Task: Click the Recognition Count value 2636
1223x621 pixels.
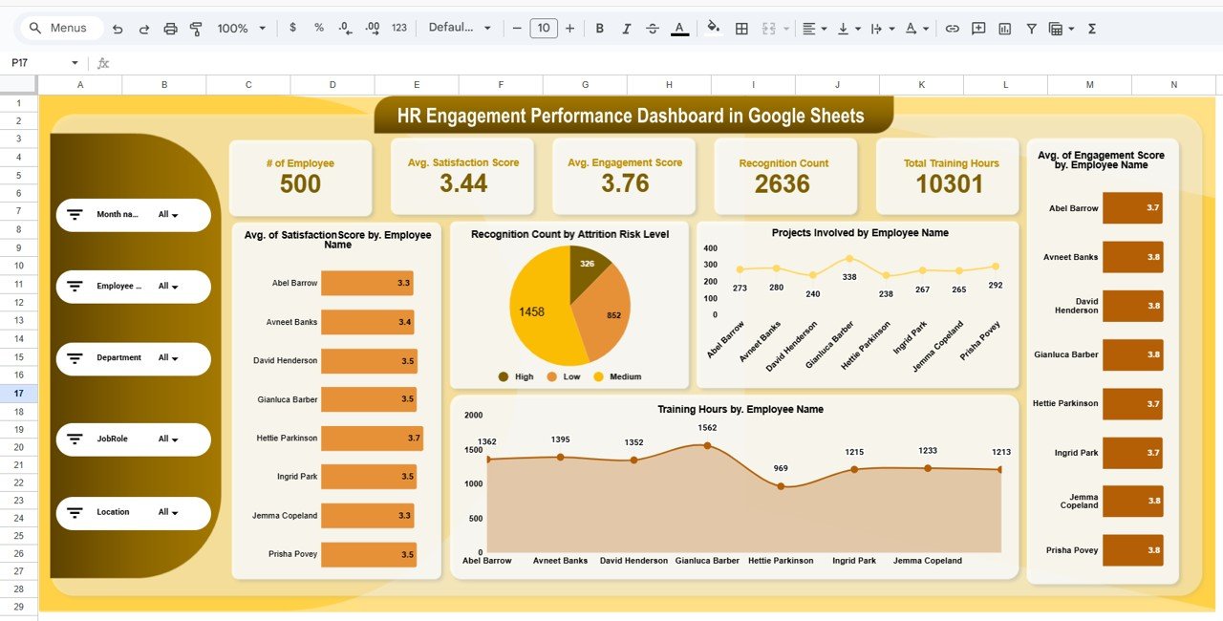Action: click(x=782, y=184)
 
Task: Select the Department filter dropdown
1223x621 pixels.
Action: click(x=169, y=358)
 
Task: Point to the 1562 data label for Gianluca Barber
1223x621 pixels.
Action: click(x=707, y=429)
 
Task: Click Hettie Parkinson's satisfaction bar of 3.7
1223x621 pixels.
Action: click(x=371, y=439)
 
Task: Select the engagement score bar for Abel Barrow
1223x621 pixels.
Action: click(x=1132, y=208)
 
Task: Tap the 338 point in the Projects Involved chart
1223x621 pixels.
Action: click(x=849, y=259)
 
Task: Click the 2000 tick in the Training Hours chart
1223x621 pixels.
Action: click(x=474, y=416)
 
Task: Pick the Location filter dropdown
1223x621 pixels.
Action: click(x=169, y=513)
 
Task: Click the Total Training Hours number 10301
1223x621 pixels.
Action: click(x=950, y=184)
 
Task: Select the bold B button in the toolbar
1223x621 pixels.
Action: click(x=600, y=29)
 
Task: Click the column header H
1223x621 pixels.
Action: click(x=669, y=85)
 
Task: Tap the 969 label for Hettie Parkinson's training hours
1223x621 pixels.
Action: click(x=781, y=468)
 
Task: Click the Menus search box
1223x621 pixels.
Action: click(x=67, y=29)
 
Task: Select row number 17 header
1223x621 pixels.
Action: click(x=19, y=394)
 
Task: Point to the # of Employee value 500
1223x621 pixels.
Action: click(x=300, y=184)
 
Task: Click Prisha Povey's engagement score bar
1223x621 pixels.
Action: click(x=1132, y=550)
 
